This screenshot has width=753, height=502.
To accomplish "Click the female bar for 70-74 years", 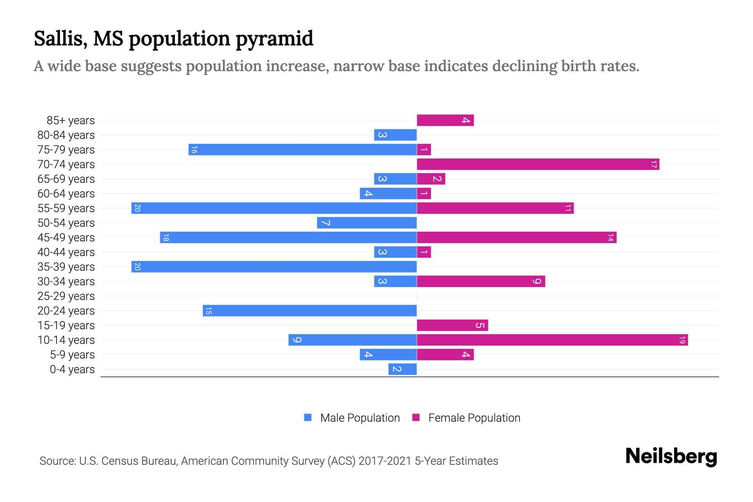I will point(538,164).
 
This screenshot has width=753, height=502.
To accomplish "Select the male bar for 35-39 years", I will point(274,267).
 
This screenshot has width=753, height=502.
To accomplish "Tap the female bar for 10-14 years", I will point(552,340).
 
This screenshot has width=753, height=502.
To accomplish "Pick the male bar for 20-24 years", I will point(310,311).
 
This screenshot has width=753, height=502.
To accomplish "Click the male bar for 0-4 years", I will point(402,369).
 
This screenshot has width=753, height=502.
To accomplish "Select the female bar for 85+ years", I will point(445,120).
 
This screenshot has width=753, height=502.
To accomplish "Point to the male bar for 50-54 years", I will point(367,223).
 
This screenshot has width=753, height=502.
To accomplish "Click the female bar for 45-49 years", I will point(517,238).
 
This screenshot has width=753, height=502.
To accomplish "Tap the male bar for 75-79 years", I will point(302,150).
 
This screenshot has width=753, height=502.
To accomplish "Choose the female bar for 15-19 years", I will point(452,325).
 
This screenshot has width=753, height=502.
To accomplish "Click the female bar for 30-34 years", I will point(481,282).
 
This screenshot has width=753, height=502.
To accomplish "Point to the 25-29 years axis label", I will point(66,296).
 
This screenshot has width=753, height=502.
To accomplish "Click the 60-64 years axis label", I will point(66,194).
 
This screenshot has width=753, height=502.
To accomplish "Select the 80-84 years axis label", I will point(66,135).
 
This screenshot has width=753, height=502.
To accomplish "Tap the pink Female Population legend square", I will point(416,417).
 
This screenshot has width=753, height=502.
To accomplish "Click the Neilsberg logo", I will point(671,456).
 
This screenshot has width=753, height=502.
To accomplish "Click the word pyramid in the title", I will point(274,39).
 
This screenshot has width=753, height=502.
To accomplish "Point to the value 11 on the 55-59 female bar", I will point(568,208).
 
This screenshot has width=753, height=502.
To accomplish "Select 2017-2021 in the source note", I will point(384,461).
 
